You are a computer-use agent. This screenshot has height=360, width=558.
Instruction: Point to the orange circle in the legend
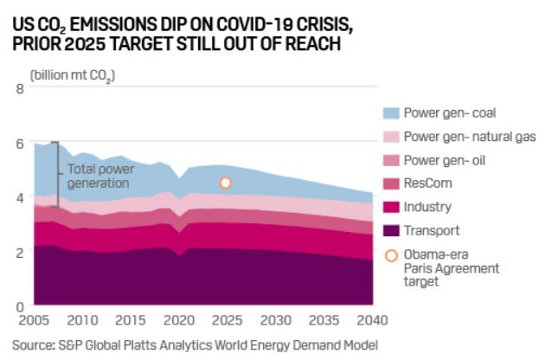pyautogui.click(x=391, y=256)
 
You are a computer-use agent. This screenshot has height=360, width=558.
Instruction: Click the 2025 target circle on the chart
pyautogui.click(x=225, y=183)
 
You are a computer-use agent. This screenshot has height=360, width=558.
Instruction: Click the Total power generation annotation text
pyautogui.click(x=101, y=177)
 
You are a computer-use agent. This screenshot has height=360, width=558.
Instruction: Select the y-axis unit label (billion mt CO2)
pyautogui.click(x=73, y=75)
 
